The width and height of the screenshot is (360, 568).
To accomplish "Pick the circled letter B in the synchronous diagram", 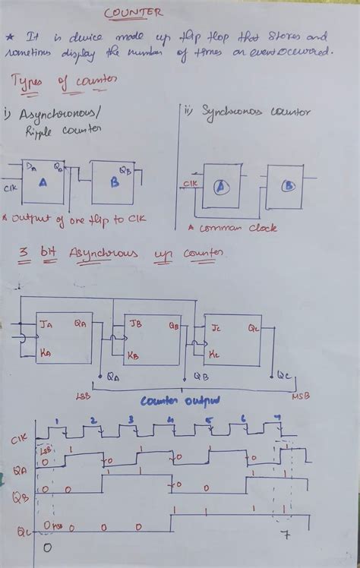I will coord(288,188).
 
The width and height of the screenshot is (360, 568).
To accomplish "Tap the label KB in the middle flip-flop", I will coord(133,355).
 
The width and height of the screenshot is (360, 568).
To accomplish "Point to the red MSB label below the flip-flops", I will coord(300,396).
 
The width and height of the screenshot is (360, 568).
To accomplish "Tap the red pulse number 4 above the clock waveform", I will coord(170,420).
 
